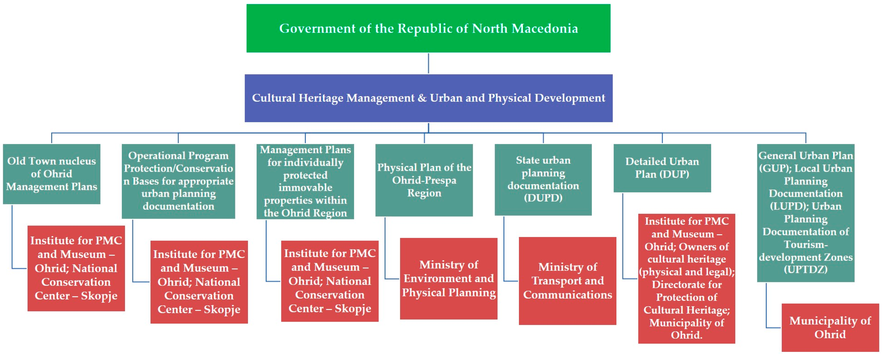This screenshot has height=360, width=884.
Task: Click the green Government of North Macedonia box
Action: pos(428,28)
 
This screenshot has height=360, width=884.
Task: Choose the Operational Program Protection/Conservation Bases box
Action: pos(178,181)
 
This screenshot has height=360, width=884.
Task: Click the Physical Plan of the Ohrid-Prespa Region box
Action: pos(424,180)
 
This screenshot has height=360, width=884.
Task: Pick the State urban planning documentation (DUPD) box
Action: pos(543,180)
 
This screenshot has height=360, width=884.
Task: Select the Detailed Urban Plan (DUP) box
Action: pos(662,168)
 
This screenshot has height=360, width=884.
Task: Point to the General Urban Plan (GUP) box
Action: pos(806,213)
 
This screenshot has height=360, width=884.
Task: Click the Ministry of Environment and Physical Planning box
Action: pos(449,279)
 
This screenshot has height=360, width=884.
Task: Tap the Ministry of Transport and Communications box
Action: pos(568,281)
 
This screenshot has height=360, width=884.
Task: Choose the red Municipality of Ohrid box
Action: pos(831,327)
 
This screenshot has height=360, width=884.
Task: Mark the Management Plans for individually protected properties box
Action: pos(305,181)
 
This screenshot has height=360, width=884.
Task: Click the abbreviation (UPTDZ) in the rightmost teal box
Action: pos(806,270)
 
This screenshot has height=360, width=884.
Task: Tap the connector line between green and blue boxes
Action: pos(428,63)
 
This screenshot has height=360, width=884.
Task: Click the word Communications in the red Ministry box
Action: pos(568,295)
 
